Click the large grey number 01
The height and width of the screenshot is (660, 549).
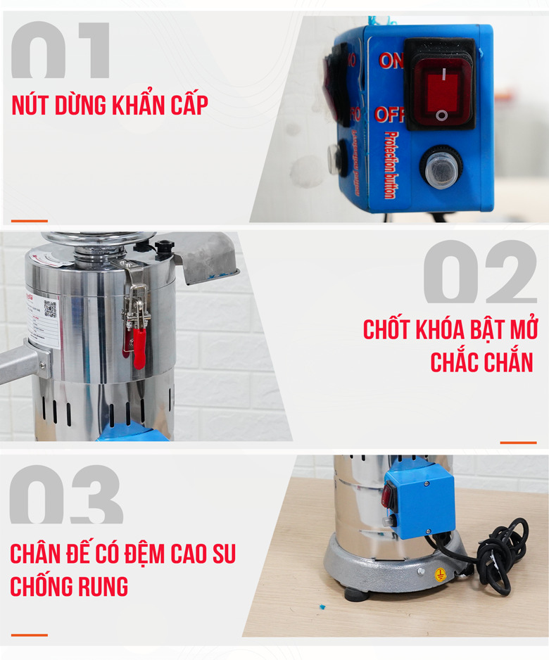[61, 51]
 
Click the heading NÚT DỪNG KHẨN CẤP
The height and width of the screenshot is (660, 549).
[110, 105]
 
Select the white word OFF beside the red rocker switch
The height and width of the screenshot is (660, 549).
[389, 115]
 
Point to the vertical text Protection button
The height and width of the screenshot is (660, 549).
[391, 165]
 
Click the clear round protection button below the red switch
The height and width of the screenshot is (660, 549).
[441, 170]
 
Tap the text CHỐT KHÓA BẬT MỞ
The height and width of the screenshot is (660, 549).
[450, 329]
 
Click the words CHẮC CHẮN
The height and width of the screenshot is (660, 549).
[481, 362]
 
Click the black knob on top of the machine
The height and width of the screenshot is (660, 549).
[165, 247]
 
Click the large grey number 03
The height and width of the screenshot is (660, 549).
[66, 495]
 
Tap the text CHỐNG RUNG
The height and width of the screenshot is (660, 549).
[69, 586]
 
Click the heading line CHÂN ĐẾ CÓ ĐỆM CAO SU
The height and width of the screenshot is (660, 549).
[122, 554]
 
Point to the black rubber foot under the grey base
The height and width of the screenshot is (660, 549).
[357, 594]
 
